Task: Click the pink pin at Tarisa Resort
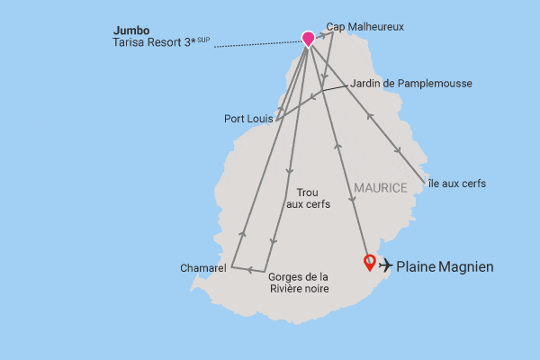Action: [309, 39]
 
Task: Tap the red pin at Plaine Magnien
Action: [369, 263]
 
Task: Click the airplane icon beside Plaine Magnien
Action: [386, 265]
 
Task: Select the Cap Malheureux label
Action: [365, 27]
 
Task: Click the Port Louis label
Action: [249, 118]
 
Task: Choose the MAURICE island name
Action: [381, 187]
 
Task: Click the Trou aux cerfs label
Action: [308, 199]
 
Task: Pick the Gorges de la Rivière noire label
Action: [299, 283]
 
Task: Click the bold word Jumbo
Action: [130, 29]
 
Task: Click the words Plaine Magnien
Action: [445, 266]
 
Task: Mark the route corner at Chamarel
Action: [231, 266]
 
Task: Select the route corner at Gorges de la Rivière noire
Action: [265, 272]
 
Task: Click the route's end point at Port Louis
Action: [276, 119]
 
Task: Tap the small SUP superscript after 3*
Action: [203, 40]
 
